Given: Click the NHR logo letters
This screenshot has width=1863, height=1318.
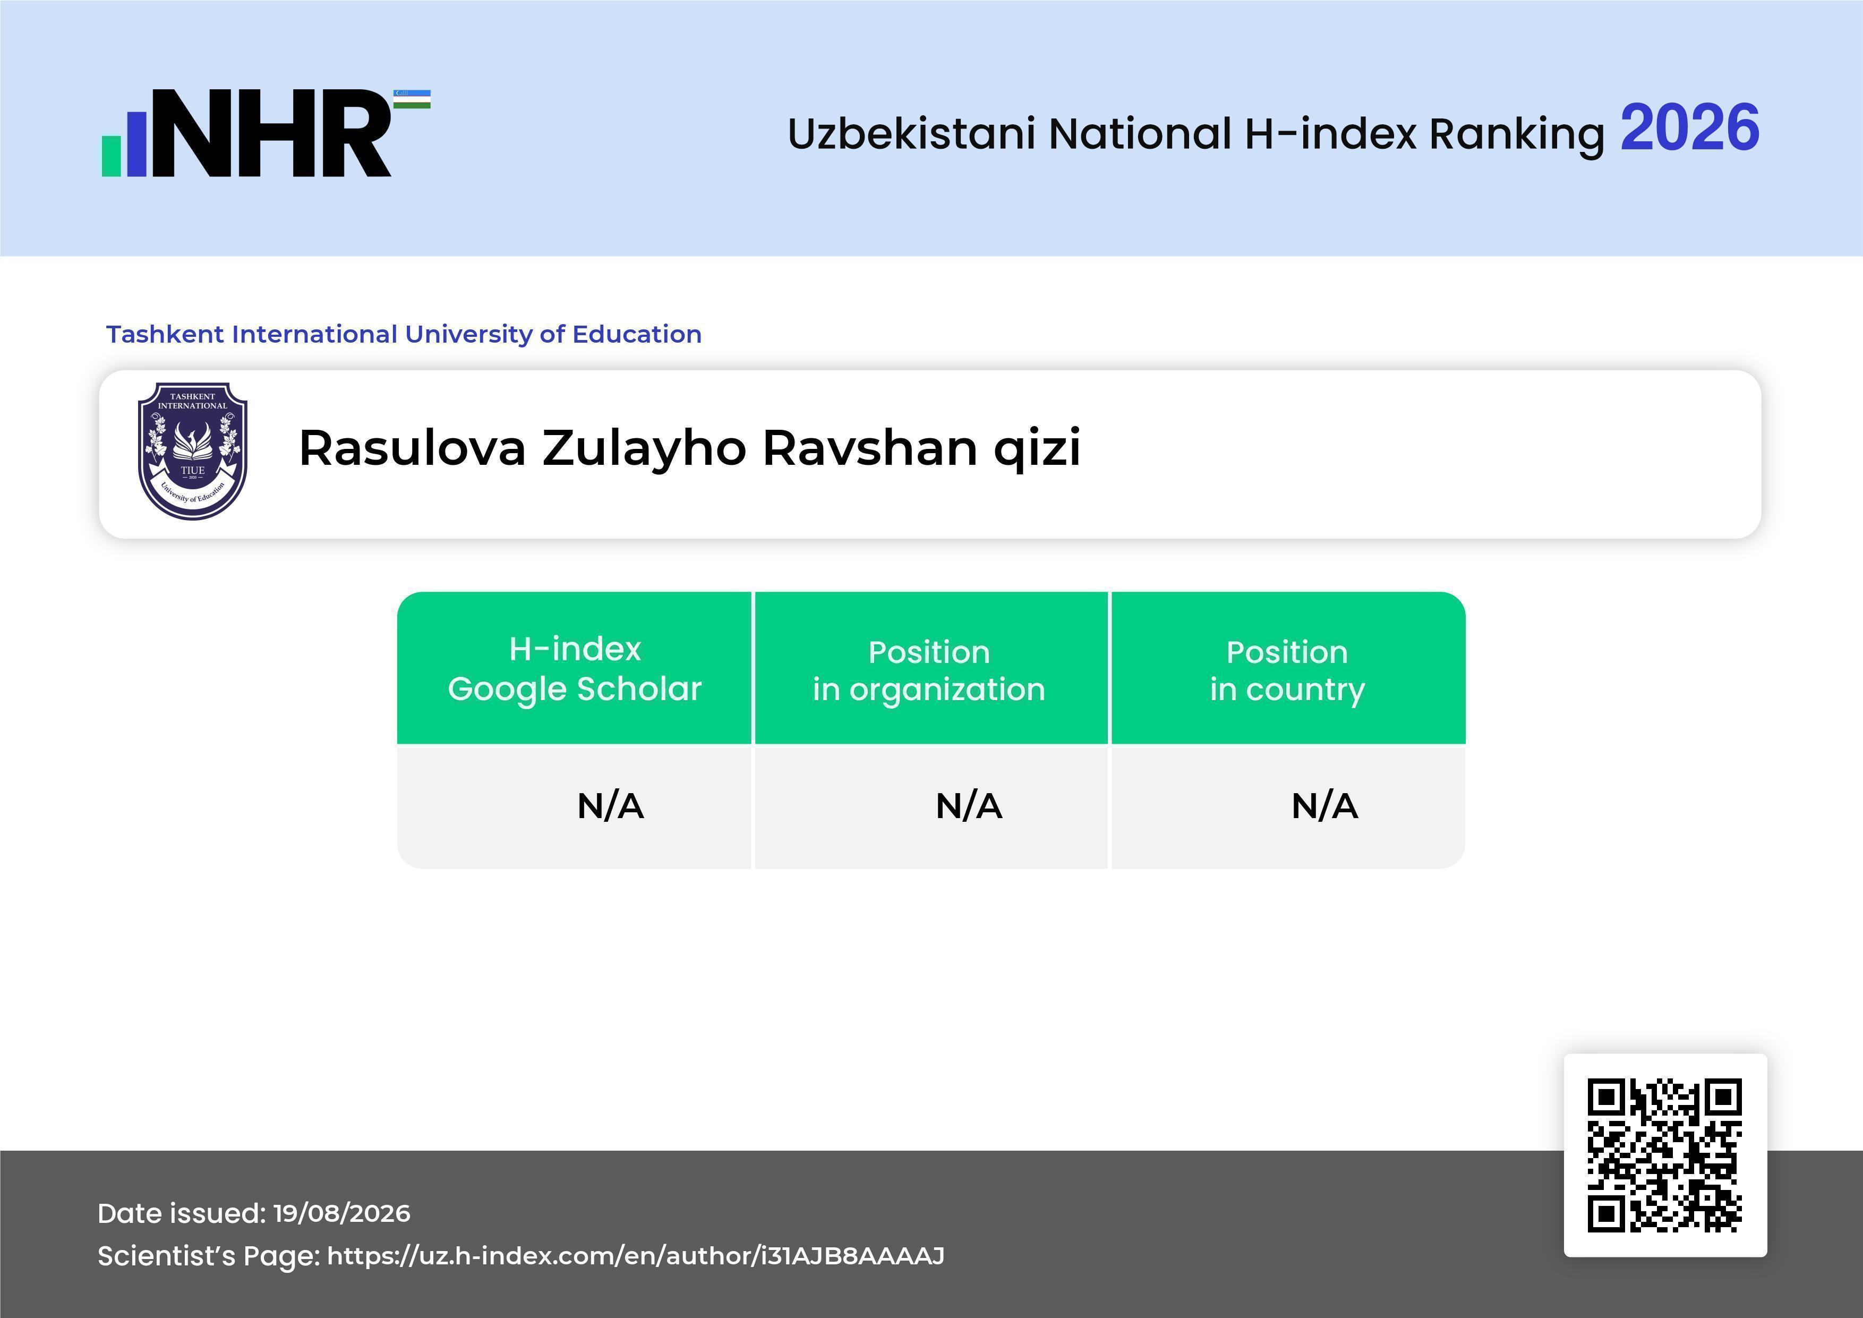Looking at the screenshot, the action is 272,133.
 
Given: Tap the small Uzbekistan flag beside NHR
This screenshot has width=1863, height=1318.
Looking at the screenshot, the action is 412,99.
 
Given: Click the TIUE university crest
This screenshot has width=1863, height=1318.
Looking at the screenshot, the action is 192,451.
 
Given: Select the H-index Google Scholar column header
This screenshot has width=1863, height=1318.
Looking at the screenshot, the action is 575,669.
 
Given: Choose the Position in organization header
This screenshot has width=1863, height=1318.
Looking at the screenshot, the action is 929,670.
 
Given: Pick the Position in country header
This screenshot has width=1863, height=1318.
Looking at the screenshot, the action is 1287,670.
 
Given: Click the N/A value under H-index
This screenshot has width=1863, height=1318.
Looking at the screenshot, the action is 610,806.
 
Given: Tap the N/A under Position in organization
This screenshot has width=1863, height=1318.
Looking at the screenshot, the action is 969,806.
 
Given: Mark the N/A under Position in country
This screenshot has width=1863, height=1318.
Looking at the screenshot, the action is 1324,806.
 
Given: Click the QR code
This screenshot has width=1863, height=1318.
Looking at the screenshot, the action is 1665,1155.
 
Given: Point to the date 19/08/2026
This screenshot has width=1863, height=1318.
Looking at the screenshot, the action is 341,1213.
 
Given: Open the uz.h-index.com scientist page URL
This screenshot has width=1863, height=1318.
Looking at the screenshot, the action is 635,1256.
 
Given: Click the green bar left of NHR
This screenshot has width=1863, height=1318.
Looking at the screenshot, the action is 111,156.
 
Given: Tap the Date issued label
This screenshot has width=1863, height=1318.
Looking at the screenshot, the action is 182,1213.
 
